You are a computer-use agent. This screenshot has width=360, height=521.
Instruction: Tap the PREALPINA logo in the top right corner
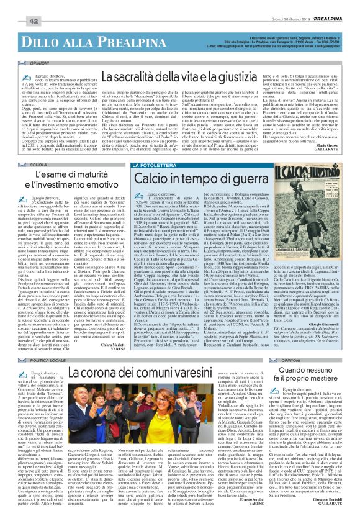click(x=338, y=5)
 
